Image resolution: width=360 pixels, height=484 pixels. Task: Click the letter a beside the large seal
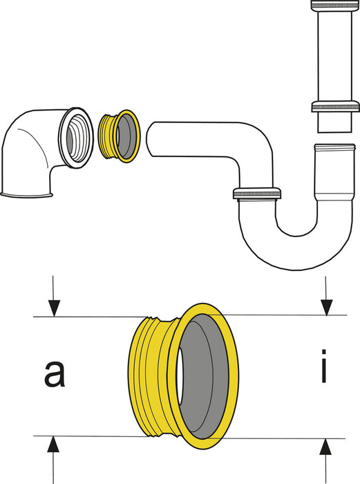[x=51, y=373]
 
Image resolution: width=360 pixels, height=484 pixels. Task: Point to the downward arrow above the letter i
[x=327, y=304]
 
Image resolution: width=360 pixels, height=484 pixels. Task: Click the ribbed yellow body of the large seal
[x=149, y=377]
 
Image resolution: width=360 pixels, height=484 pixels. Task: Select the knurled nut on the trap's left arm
[x=257, y=194]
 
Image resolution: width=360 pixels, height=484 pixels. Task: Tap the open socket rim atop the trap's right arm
[x=334, y=147]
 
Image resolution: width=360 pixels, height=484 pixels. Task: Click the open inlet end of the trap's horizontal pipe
[x=153, y=136]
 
